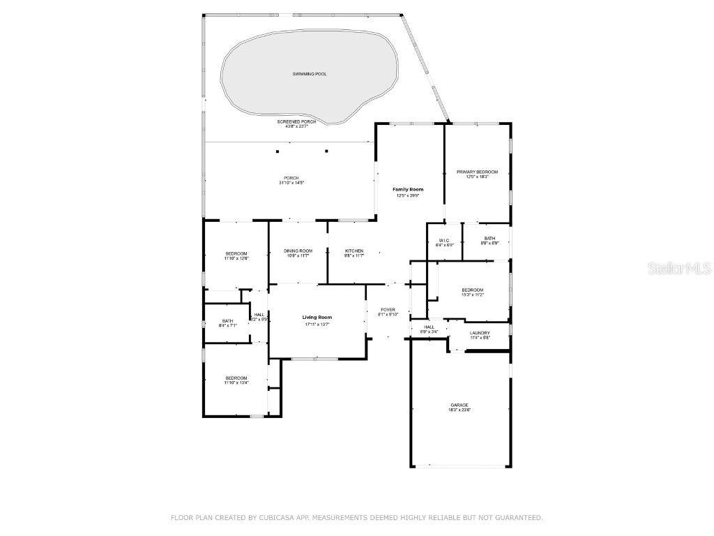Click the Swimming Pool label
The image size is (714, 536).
[x=310, y=74]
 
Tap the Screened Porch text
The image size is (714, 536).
[x=296, y=121]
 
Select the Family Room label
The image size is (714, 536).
[x=408, y=190]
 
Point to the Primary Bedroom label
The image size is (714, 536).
[x=477, y=172]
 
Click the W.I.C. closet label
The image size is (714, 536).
[x=445, y=241]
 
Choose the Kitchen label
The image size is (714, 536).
[x=354, y=251]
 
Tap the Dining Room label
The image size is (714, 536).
[x=297, y=251]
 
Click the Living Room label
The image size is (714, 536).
[x=317, y=318]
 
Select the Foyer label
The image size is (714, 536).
[x=388, y=310]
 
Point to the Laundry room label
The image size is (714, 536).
[x=480, y=333]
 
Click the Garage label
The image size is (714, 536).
[x=459, y=405]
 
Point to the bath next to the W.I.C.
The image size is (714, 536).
[x=489, y=239]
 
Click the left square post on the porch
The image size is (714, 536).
[x=278, y=151]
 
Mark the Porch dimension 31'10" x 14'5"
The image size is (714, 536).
[x=291, y=183]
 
